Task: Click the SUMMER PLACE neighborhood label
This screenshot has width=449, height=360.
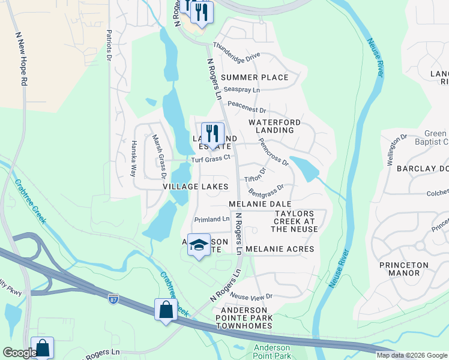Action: tap(255, 77)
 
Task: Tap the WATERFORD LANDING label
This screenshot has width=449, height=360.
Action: tap(274, 126)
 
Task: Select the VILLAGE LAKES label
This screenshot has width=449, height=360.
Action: tap(196, 187)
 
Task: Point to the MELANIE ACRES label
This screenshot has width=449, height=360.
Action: tap(280, 248)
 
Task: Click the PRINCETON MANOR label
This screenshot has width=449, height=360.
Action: tap(404, 269)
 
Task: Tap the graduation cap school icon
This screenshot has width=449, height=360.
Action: tap(199, 244)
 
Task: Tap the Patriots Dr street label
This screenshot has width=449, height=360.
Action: tap(109, 45)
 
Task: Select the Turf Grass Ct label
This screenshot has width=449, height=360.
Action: tap(211, 158)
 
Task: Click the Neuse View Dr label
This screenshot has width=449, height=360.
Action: tap(252, 296)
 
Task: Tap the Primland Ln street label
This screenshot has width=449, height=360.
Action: tap(212, 220)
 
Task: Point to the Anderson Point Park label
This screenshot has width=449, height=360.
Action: tap(272, 352)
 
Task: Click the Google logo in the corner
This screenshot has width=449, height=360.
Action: tap(19, 353)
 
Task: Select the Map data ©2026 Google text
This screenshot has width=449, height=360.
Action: tap(412, 355)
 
